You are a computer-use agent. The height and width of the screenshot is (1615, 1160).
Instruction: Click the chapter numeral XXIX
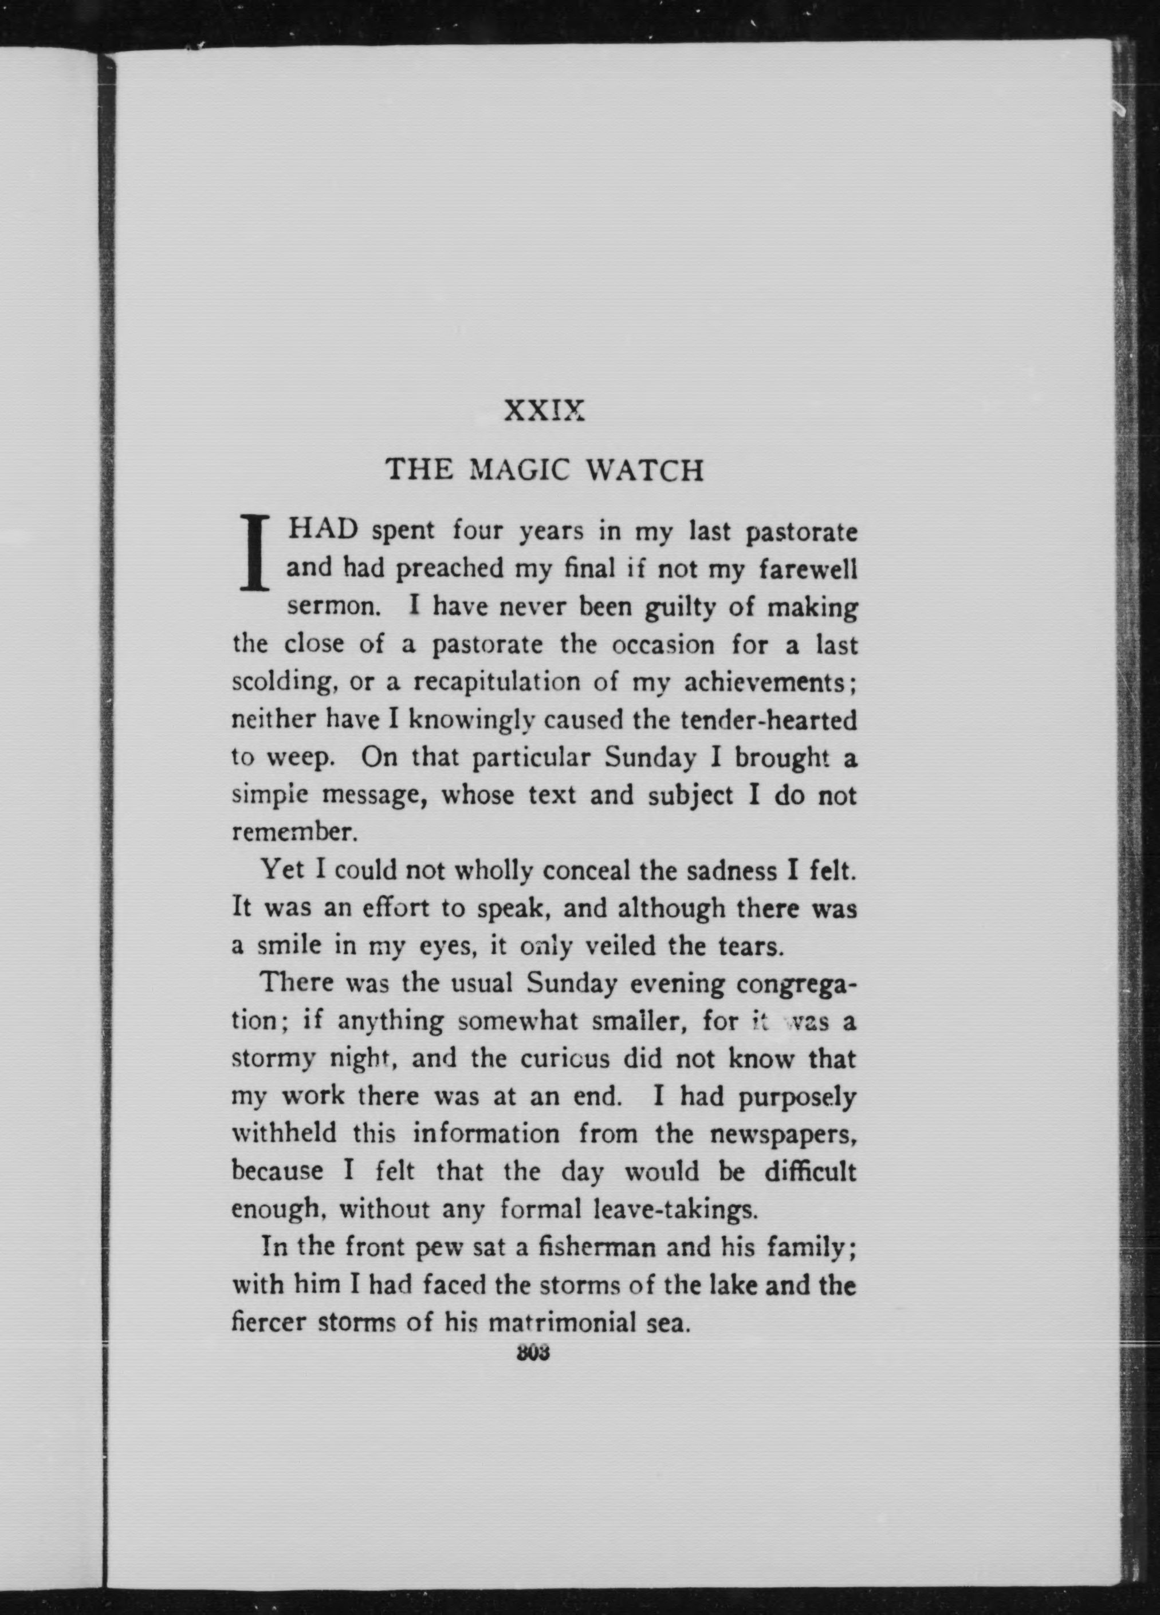pos(544,411)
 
